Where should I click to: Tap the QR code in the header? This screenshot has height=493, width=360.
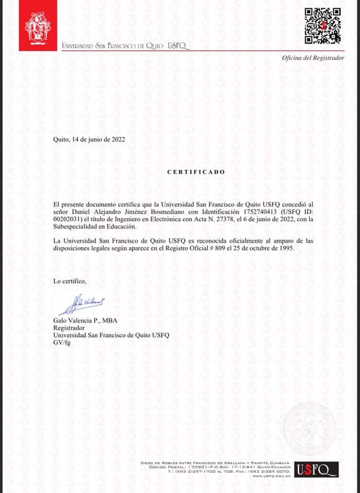[x=322, y=26]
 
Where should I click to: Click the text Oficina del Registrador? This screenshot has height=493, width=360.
[x=313, y=58]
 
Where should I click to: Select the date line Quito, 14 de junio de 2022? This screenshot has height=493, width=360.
[x=89, y=139]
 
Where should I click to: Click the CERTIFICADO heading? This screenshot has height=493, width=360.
[x=195, y=172]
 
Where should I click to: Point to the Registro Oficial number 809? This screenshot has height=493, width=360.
[x=229, y=248]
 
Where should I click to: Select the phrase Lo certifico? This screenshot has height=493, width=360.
[x=70, y=280]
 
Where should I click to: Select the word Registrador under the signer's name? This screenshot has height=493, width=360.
[x=69, y=328]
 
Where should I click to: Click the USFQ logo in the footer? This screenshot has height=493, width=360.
[x=316, y=470]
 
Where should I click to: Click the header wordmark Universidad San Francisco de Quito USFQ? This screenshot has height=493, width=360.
[x=124, y=46]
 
